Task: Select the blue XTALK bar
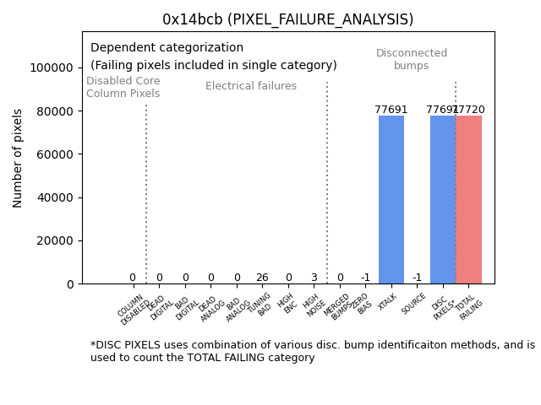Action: coord(391,199)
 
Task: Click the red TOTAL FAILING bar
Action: coord(469,199)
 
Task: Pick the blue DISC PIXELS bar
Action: coord(443,199)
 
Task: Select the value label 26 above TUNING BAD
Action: coord(262,278)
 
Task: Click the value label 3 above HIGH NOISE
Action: coord(314,278)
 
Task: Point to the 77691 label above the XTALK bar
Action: coord(391,110)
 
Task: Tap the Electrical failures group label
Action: coord(251,86)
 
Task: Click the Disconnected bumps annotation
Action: coord(412,59)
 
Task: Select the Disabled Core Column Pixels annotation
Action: coord(123,87)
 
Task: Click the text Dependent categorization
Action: coord(167,48)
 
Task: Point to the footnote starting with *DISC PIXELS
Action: coord(312,351)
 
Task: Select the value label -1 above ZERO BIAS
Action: coord(365,278)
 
